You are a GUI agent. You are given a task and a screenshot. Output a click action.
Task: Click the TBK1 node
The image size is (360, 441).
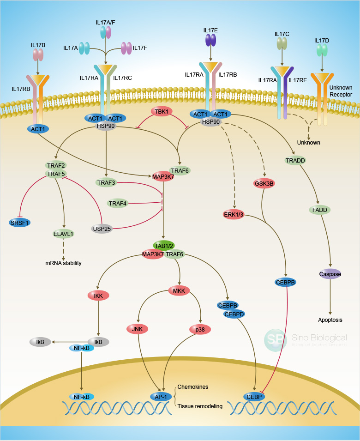pyautogui.click(x=162, y=111)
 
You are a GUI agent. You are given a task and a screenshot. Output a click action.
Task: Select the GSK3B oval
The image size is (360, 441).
pyautogui.click(x=264, y=183)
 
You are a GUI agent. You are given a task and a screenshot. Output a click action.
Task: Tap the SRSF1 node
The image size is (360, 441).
pyautogui.click(x=20, y=223)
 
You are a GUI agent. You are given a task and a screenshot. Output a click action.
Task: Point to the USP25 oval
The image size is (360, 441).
pyautogui.click(x=102, y=228)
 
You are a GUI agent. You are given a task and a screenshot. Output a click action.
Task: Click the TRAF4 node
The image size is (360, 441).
pyautogui.click(x=117, y=203)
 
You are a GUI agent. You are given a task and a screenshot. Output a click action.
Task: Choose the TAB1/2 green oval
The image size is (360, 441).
pyautogui.click(x=164, y=245)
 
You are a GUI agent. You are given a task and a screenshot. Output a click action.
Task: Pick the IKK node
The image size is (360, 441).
pyautogui.click(x=98, y=295)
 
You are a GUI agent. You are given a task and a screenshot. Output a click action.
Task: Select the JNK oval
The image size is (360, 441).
pyautogui.click(x=137, y=329)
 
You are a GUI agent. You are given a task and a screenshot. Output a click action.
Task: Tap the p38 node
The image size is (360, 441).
pyautogui.click(x=200, y=329)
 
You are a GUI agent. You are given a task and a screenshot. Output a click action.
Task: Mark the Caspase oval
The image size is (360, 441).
pyautogui.click(x=330, y=274)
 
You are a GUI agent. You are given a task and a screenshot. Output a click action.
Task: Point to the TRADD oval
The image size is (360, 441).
pyautogui.click(x=296, y=160)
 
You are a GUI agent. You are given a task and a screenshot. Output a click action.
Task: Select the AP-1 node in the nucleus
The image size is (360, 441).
pyautogui.click(x=161, y=396)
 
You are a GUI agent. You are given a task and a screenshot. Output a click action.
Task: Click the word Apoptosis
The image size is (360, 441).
pyautogui.click(x=330, y=320)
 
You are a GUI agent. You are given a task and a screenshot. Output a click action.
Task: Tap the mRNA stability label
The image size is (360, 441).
pyautogui.click(x=63, y=263)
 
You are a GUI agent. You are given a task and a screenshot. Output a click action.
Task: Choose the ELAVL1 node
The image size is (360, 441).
pyautogui.click(x=63, y=234)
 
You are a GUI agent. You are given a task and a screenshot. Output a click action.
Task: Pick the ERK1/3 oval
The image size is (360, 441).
pyautogui.click(x=234, y=214)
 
